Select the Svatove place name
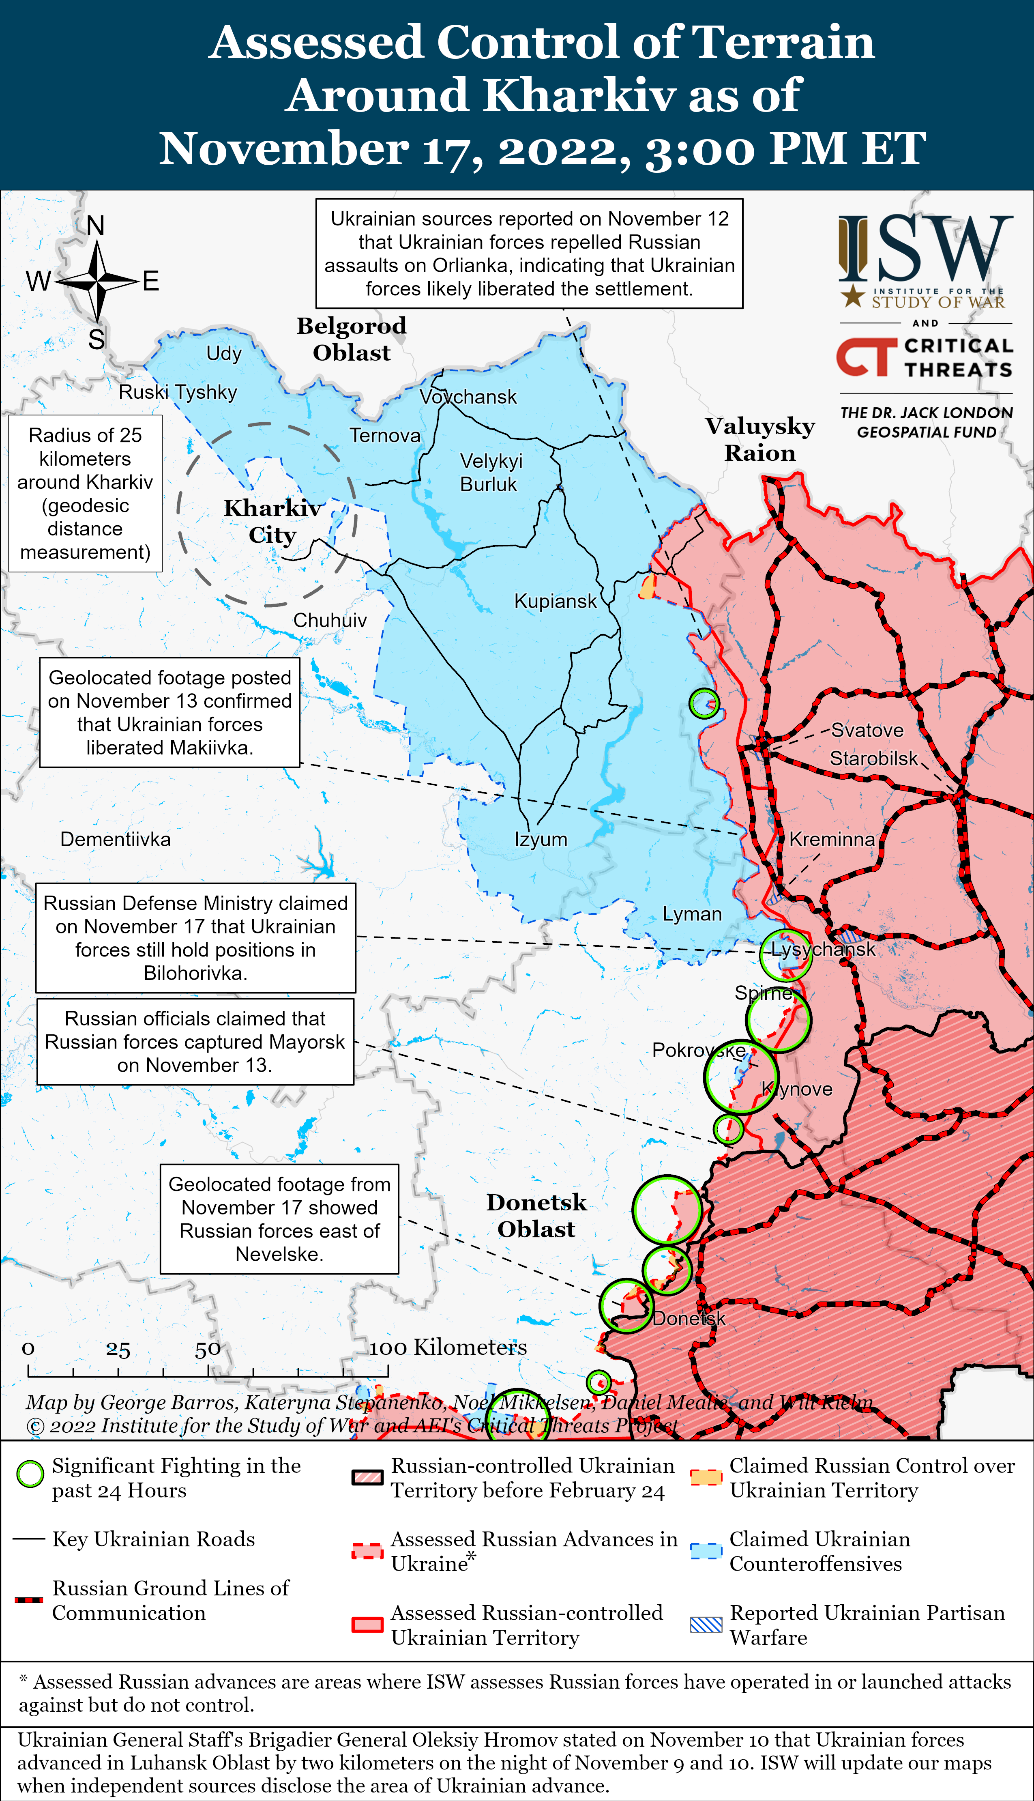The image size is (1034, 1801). click(867, 730)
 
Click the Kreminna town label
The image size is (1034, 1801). click(832, 839)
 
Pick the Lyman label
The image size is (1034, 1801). click(692, 914)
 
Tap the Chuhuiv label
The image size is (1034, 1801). click(330, 620)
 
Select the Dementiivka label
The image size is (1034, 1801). click(115, 839)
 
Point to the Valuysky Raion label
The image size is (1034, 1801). click(760, 439)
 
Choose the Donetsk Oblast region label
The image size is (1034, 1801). click(536, 1215)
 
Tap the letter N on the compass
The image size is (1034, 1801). click(95, 226)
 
